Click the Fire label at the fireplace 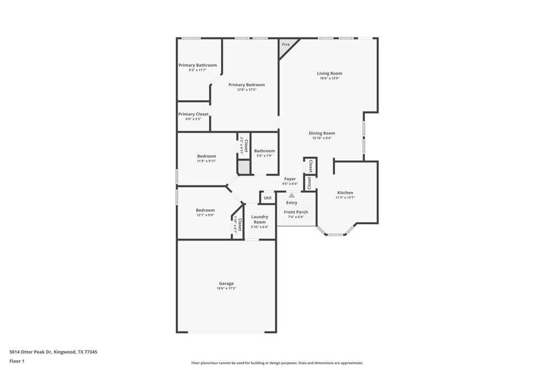[285, 44]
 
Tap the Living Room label [329, 73]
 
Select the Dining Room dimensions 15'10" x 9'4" [322, 138]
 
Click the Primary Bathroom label [197, 65]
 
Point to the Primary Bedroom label [246, 85]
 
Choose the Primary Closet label [193, 114]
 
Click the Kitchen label [345, 193]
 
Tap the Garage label [226, 283]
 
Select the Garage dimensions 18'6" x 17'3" [226, 288]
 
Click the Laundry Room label [260, 219]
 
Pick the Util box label [267, 198]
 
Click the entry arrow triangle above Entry [292, 196]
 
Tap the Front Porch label [296, 212]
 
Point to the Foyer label [290, 179]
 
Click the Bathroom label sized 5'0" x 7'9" [265, 151]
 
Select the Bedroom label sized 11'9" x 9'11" [206, 156]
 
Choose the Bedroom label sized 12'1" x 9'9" [205, 210]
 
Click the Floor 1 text [17, 361]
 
